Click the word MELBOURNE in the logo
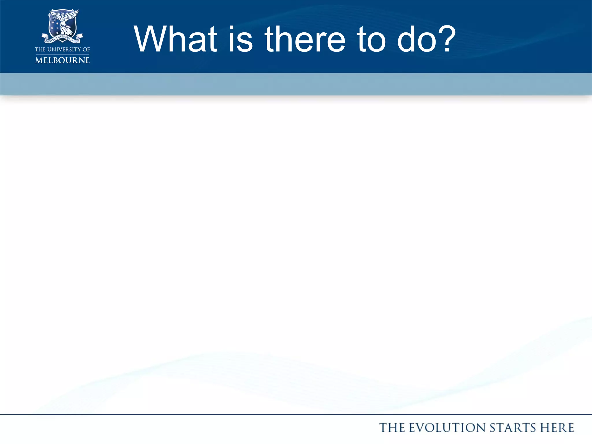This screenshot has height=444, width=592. pyautogui.click(x=62, y=60)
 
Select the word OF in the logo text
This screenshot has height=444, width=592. pyautogui.click(x=86, y=49)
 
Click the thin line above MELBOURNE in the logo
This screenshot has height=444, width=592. pyautogui.click(x=62, y=54)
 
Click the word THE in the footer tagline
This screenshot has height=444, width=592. pyautogui.click(x=392, y=428)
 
